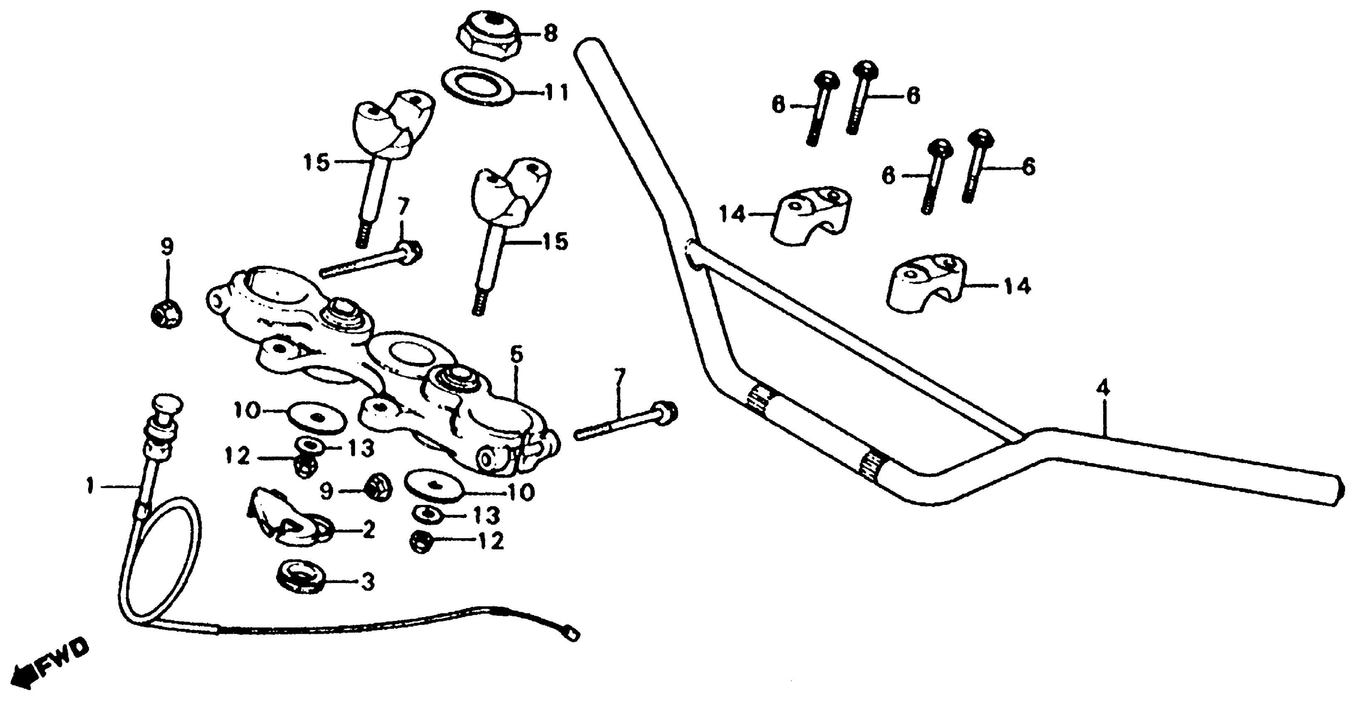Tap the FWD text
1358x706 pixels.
62,664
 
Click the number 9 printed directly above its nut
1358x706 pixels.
167,247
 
